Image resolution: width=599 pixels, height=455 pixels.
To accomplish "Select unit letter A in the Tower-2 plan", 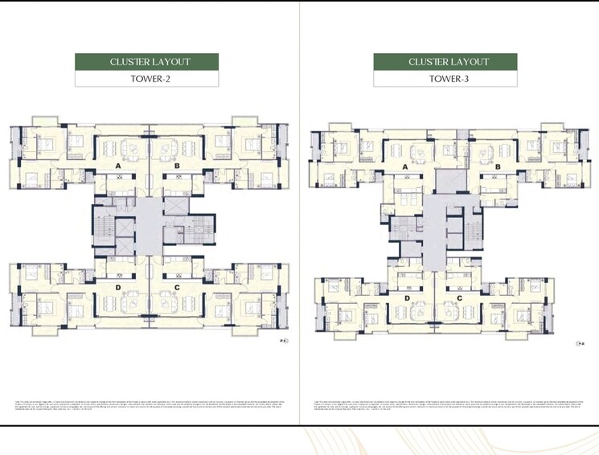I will [x=118, y=166].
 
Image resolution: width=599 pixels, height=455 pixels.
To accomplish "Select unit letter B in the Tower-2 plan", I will [x=176, y=166].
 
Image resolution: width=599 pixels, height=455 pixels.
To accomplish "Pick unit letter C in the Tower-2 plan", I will [x=176, y=285].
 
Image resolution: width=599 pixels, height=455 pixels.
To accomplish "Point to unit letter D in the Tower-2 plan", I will [x=118, y=285].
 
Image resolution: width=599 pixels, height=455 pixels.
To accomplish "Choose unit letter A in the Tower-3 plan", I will [x=404, y=168].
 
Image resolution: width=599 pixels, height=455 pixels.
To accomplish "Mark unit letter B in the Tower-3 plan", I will [x=498, y=168].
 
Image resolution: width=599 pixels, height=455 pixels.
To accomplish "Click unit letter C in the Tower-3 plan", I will [x=459, y=298].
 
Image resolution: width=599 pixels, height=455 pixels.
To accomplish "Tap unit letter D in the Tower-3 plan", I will [x=407, y=298].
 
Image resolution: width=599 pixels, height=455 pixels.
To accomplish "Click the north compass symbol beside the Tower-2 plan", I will [x=283, y=342].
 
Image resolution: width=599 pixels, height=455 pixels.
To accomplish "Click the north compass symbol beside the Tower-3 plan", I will [x=579, y=343].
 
